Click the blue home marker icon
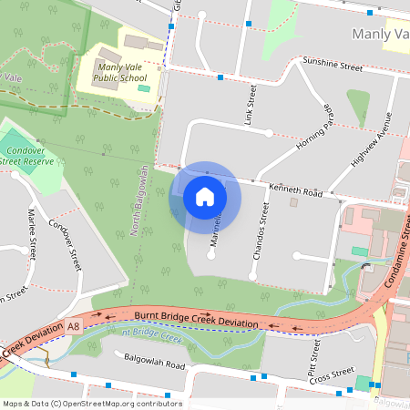click(x=205, y=197)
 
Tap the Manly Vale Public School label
click(x=121, y=72)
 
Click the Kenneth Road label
click(x=294, y=191)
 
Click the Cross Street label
click(x=330, y=374)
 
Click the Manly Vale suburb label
click(x=379, y=34)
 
